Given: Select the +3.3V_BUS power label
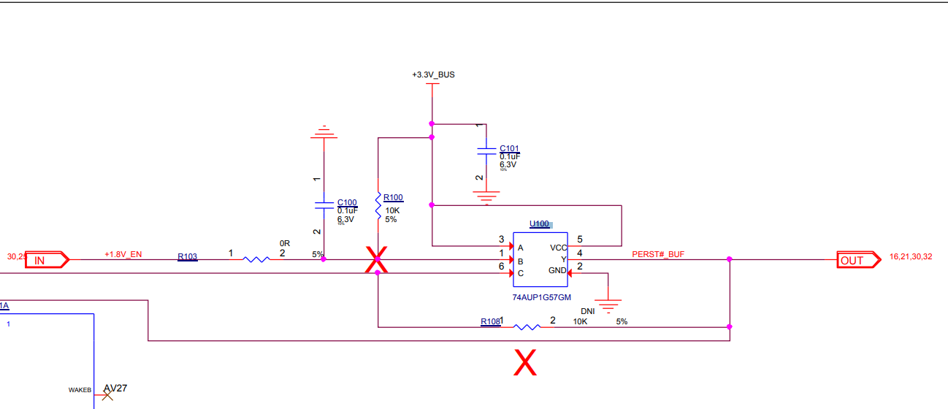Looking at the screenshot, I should click(433, 75).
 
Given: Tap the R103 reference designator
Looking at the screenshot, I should click(187, 256).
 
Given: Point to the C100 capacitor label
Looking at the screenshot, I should click(347, 202).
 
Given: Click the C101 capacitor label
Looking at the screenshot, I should click(509, 148).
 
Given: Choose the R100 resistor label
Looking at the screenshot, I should click(393, 197).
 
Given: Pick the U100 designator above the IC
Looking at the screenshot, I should click(539, 224).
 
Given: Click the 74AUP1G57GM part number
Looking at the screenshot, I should click(541, 297).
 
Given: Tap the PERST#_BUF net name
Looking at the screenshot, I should click(658, 254).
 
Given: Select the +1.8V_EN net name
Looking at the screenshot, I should click(123, 254).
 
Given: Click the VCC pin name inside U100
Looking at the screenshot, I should click(558, 247).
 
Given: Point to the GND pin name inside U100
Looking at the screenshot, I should click(557, 271).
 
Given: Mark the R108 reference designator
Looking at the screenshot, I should click(491, 321).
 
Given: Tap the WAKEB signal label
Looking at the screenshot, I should click(80, 391).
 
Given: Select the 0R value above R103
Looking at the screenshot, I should click(284, 242).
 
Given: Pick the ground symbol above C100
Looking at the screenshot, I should click(323, 133).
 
